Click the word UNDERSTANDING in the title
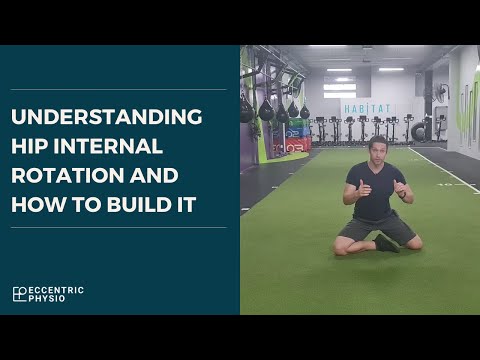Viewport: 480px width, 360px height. [106, 116]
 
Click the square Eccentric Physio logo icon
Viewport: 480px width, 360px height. [19, 294]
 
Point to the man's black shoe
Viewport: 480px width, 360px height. [387, 243]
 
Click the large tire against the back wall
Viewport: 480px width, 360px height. [419, 130]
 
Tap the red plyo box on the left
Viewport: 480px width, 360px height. [297, 144]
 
